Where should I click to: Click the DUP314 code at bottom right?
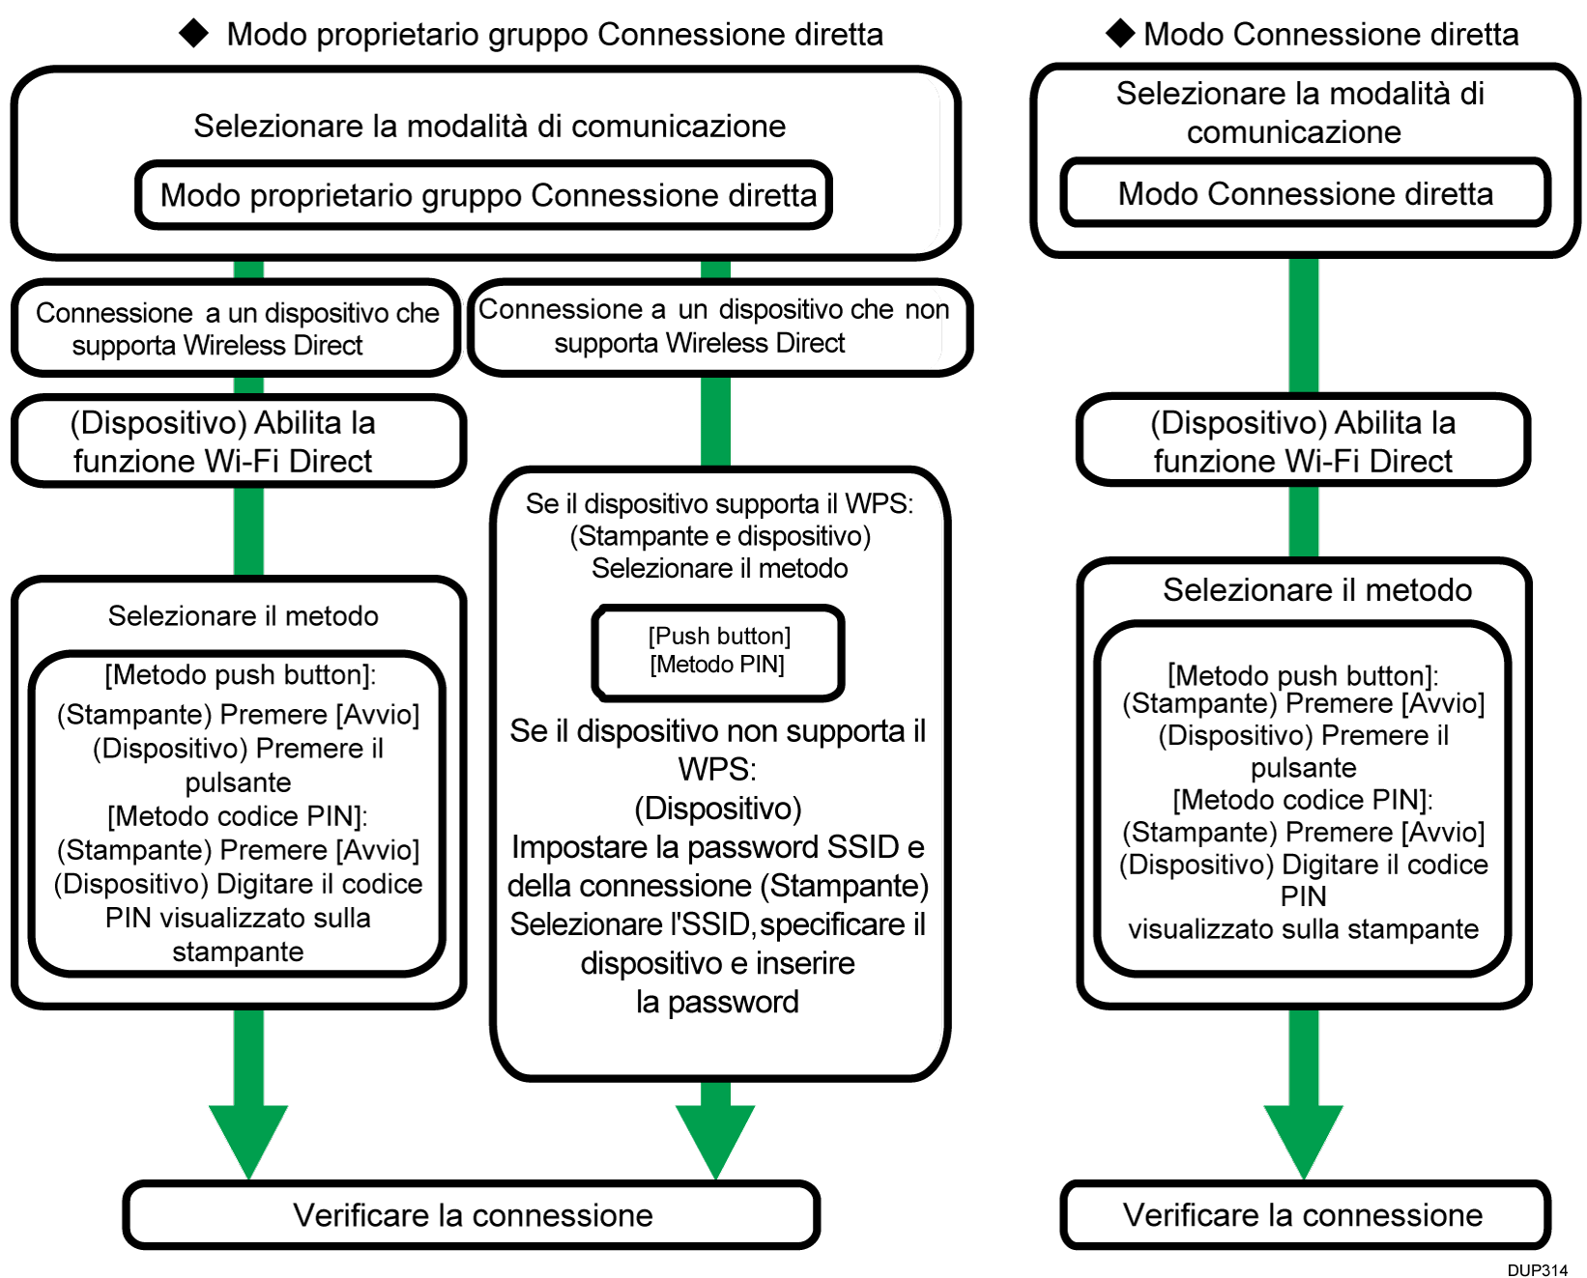[x=1537, y=1269]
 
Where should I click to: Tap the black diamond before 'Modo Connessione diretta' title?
[x=1120, y=33]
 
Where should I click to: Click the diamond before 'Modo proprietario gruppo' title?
[x=194, y=33]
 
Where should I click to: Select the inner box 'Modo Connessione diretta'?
[x=1305, y=193]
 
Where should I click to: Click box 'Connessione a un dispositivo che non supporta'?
[x=716, y=327]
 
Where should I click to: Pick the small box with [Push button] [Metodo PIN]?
[x=718, y=650]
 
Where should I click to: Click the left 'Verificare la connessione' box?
[x=472, y=1214]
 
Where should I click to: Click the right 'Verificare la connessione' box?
[x=1303, y=1214]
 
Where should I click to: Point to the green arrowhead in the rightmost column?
[x=1303, y=1140]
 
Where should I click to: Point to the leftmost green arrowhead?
[x=248, y=1140]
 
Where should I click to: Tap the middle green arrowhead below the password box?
[x=715, y=1140]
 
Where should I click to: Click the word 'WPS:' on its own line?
[x=717, y=770]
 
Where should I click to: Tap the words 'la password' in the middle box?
[x=717, y=1002]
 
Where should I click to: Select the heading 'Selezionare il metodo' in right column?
[x=1316, y=589]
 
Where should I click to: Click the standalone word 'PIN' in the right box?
[x=1303, y=896]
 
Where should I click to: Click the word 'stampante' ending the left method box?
[x=238, y=951]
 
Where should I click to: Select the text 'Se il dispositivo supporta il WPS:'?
[x=719, y=503]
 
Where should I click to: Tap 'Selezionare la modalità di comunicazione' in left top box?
[x=489, y=126]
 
